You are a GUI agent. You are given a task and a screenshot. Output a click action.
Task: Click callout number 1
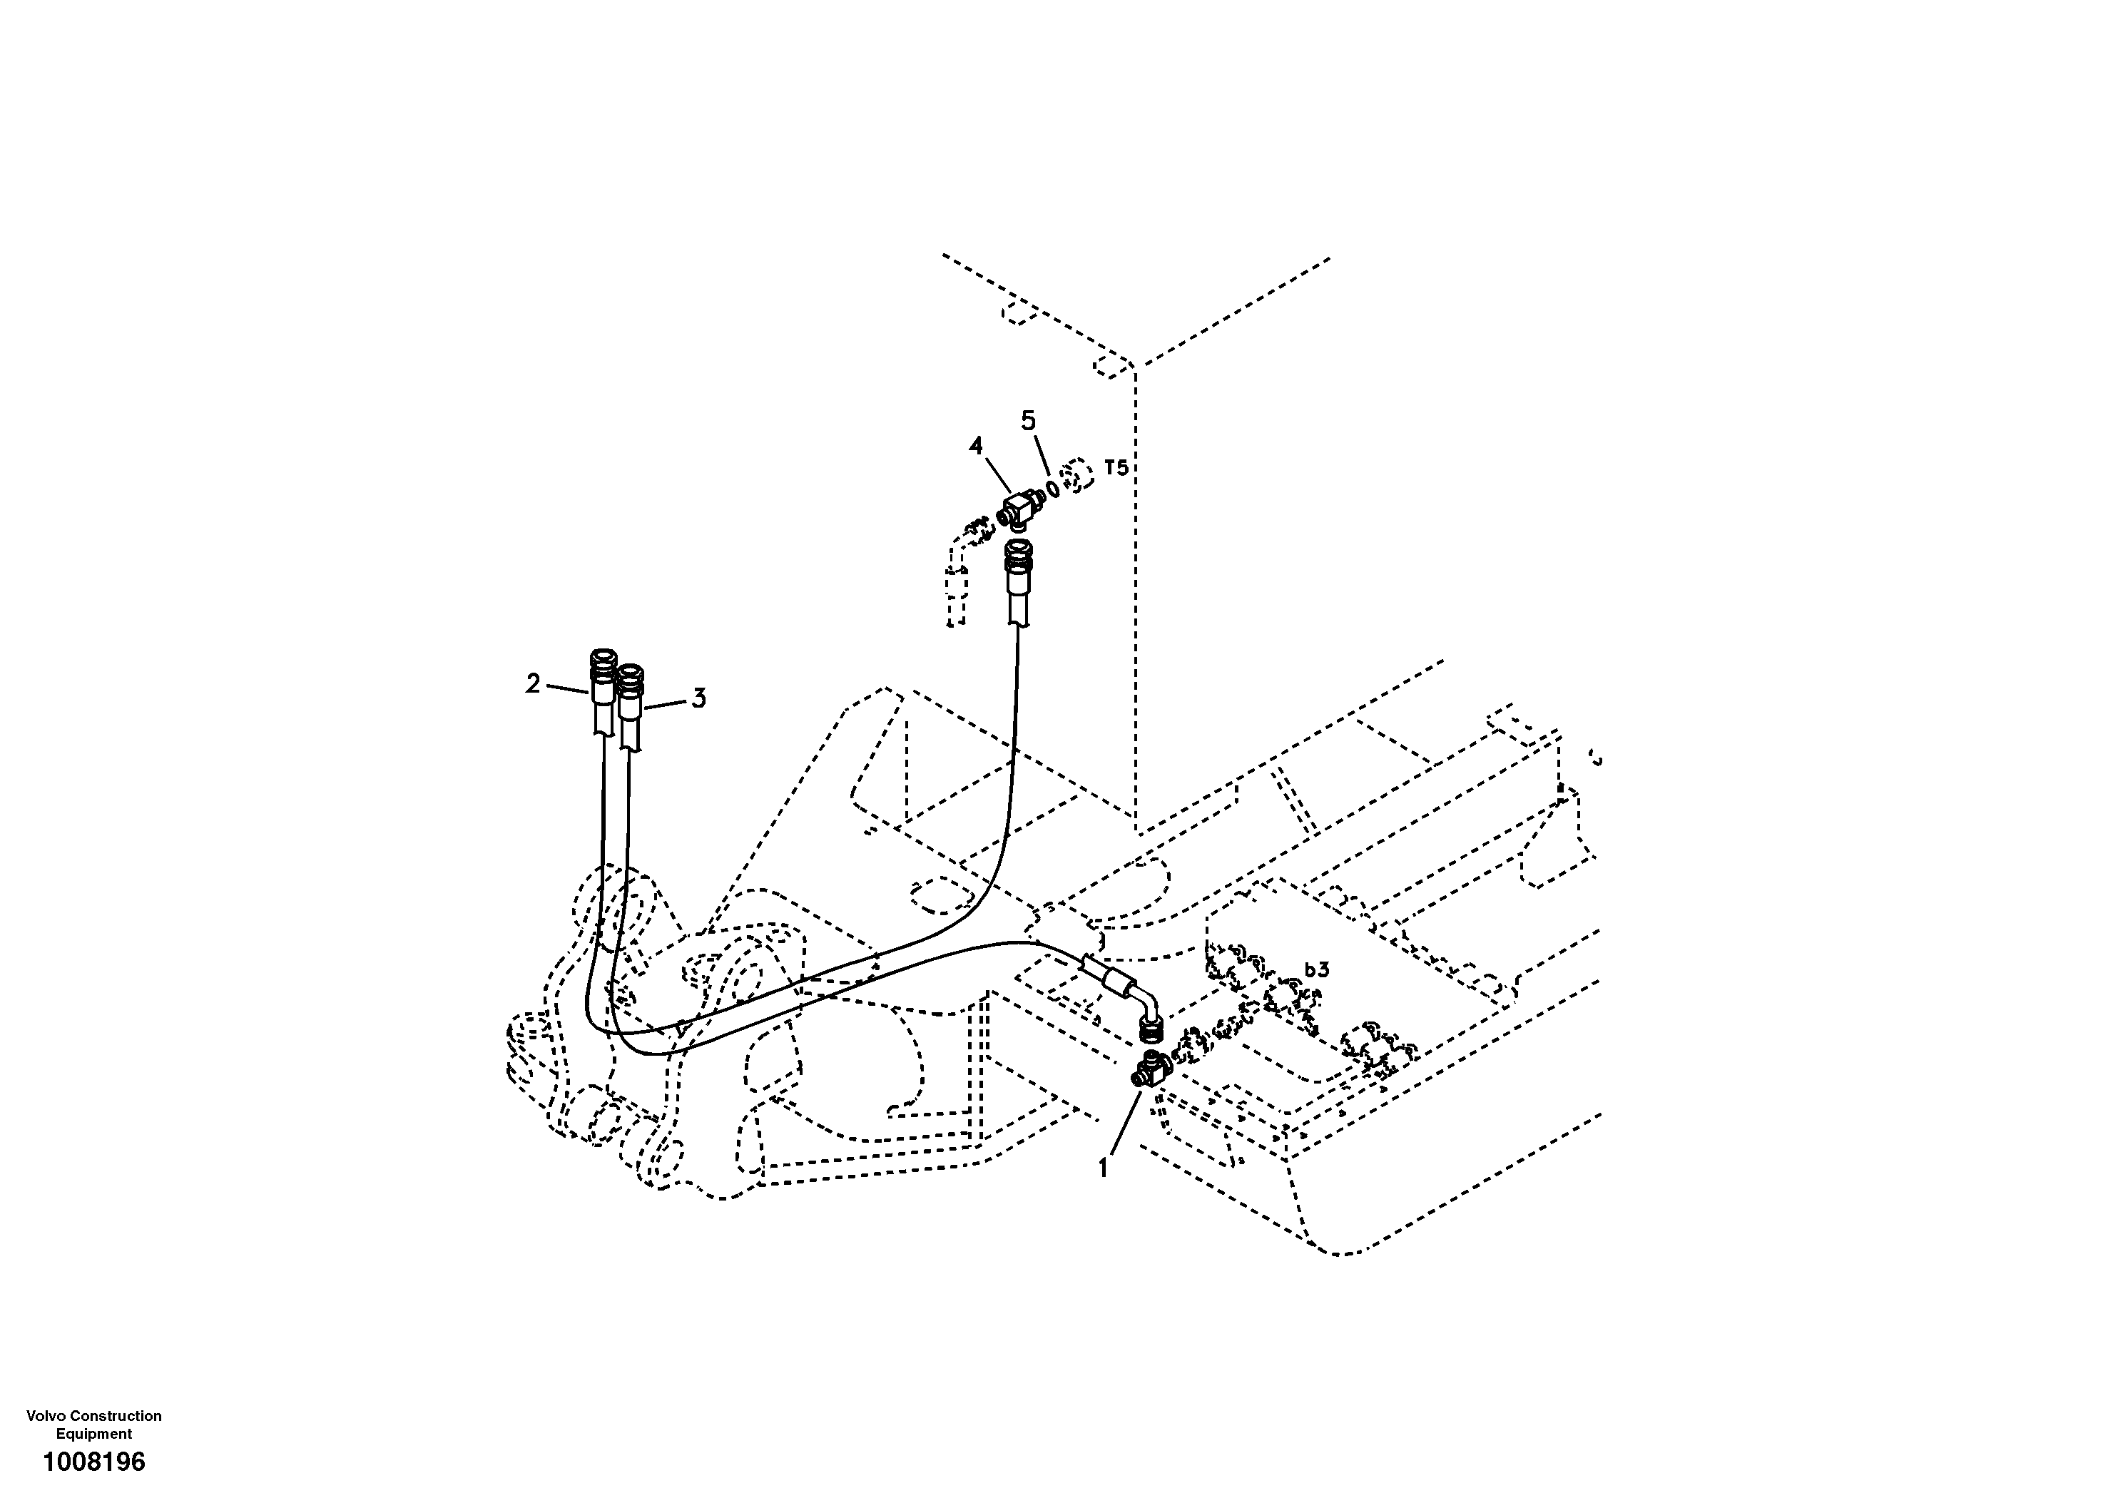[x=1103, y=1170]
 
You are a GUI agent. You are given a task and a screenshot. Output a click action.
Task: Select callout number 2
[x=533, y=683]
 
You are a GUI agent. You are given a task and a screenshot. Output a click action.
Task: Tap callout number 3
[x=699, y=698]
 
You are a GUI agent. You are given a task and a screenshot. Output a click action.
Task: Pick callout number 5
[x=1028, y=421]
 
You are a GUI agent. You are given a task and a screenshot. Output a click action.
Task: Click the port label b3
[x=1317, y=970]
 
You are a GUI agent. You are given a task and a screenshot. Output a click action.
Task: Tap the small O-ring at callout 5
[x=1052, y=487]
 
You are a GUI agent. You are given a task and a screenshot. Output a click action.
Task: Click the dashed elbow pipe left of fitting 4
[x=957, y=574]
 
